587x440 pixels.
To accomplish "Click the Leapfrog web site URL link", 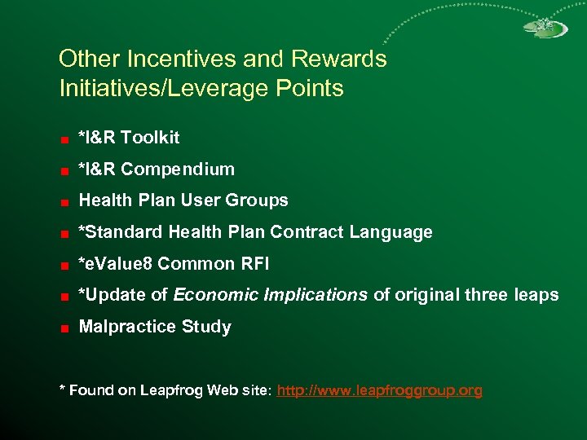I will coord(380,391).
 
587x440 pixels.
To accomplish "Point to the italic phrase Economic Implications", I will coord(271,295).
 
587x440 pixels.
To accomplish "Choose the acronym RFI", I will coord(254,264).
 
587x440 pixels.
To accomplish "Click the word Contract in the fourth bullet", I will coord(307,232).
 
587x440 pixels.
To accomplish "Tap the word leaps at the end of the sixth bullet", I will coord(536,295).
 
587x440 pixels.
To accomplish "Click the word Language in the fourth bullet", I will coord(391,232).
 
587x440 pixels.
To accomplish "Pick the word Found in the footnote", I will coord(91,391).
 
